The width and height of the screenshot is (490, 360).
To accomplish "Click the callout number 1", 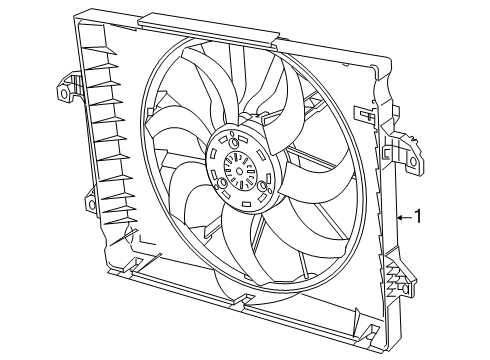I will [418, 214].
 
